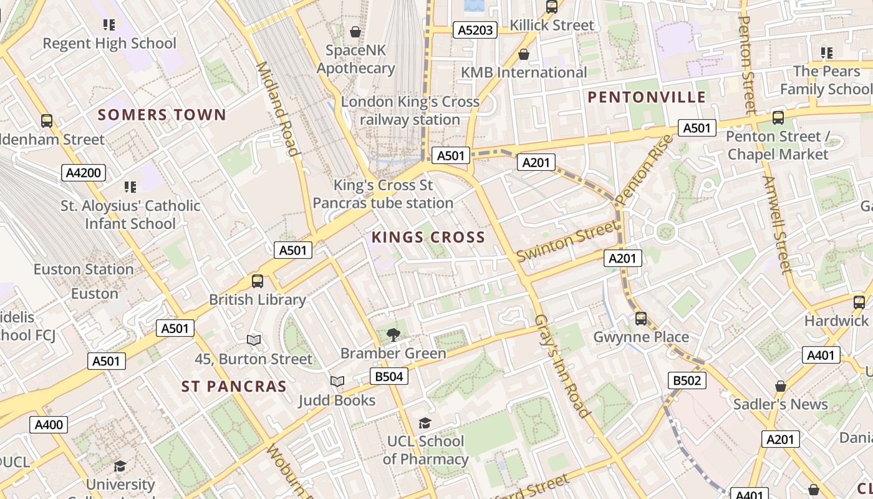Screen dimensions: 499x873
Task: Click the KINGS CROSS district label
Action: pyautogui.click(x=428, y=237)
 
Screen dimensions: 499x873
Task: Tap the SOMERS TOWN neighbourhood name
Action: pyautogui.click(x=162, y=115)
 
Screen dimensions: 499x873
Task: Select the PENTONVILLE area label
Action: pyautogui.click(x=647, y=97)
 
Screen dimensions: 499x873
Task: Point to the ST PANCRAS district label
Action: pyautogui.click(x=234, y=386)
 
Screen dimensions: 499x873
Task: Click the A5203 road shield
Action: pyautogui.click(x=475, y=30)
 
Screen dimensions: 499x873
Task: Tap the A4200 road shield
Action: pyautogui.click(x=84, y=173)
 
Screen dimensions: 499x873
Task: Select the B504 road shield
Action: pyautogui.click(x=389, y=376)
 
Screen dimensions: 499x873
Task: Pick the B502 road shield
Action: pyautogui.click(x=687, y=380)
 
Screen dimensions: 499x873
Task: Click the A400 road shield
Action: pyautogui.click(x=49, y=425)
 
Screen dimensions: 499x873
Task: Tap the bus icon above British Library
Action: pyautogui.click(x=258, y=281)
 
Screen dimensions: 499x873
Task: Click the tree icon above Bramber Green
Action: pyautogui.click(x=393, y=336)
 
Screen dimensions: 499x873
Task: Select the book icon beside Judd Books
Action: pyautogui.click(x=337, y=381)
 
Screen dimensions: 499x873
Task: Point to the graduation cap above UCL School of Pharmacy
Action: pyautogui.click(x=425, y=424)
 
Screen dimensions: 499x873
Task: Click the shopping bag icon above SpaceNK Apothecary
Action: pyautogui.click(x=355, y=31)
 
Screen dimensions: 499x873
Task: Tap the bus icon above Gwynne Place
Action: pyautogui.click(x=640, y=319)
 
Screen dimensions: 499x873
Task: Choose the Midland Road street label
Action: pyautogui.click(x=275, y=108)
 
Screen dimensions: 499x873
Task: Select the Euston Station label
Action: pyautogui.click(x=84, y=269)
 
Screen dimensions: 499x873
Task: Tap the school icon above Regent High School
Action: pyautogui.click(x=109, y=25)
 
